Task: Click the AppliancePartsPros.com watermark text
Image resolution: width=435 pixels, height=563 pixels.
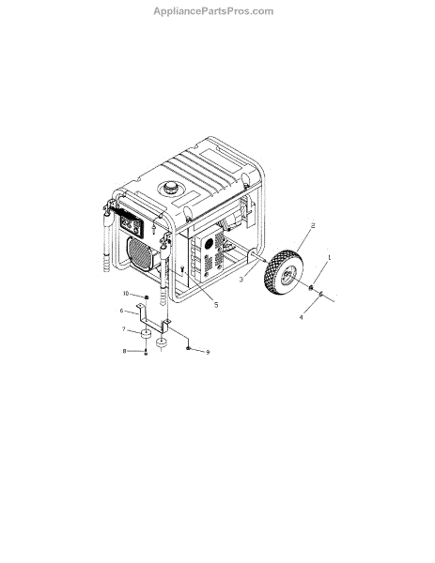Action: [213, 11]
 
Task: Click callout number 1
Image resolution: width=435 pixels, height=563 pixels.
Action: [329, 257]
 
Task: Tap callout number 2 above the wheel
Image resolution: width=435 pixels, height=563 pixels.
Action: [313, 225]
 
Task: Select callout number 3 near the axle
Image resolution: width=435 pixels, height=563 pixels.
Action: [241, 279]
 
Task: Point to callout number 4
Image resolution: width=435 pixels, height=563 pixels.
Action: [302, 317]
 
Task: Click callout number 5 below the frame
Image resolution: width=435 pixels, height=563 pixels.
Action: [216, 305]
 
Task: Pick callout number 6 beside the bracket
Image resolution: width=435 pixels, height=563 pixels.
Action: [121, 311]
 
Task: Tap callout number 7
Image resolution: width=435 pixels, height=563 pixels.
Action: [124, 329]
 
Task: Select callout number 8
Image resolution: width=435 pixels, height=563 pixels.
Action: [124, 351]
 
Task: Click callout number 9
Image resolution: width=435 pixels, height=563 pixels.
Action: [208, 352]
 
